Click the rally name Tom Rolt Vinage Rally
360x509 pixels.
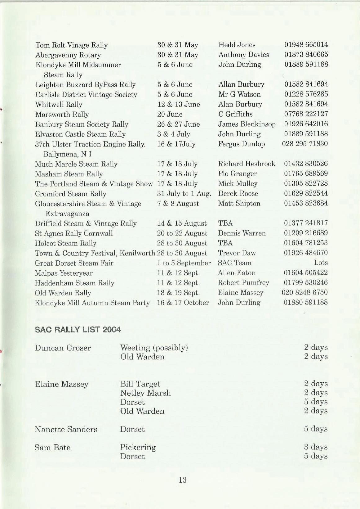pyautogui.click(x=72, y=45)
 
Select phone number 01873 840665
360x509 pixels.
pyautogui.click(x=306, y=55)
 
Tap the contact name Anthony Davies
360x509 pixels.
pyautogui.click(x=243, y=55)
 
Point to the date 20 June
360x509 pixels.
pyautogui.click(x=170, y=115)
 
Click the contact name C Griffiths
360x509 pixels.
pyautogui.click(x=235, y=114)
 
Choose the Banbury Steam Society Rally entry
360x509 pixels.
pyautogui.click(x=82, y=124)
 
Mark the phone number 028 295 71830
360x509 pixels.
pyautogui.click(x=305, y=144)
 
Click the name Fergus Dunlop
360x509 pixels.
pyautogui.click(x=241, y=144)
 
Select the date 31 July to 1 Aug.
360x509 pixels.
pyautogui.click(x=184, y=194)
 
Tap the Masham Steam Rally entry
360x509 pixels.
pyautogui.click(x=69, y=174)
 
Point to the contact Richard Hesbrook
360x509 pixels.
pyautogui.click(x=247, y=164)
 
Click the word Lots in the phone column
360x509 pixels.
pyautogui.click(x=321, y=263)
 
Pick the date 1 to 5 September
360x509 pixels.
pyautogui.click(x=184, y=263)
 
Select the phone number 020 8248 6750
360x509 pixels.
pyautogui.click(x=304, y=293)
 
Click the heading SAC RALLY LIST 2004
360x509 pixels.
pyautogui.click(x=78, y=330)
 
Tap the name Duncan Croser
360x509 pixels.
pyautogui.click(x=63, y=348)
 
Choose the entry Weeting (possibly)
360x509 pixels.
pyautogui.click(x=154, y=348)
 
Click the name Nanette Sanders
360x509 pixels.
pyautogui.click(x=66, y=430)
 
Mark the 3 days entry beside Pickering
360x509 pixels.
pyautogui.click(x=316, y=447)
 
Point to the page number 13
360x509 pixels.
pyautogui.click(x=182, y=480)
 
